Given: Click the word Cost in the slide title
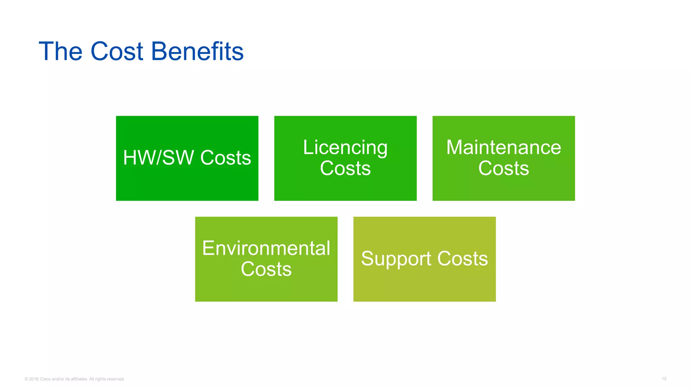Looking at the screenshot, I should (x=117, y=51).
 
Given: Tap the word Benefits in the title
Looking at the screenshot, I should (x=197, y=51).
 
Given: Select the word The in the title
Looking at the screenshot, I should (x=61, y=51).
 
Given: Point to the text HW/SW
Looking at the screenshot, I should (x=159, y=158).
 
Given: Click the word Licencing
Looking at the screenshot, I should (x=345, y=148).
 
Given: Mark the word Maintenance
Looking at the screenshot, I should (x=503, y=147).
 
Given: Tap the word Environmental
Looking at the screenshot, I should (x=266, y=248).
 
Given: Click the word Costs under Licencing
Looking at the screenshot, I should (x=345, y=168).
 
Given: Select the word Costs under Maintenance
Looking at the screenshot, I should (x=503, y=168).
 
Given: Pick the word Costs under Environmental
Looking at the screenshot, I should (x=266, y=269).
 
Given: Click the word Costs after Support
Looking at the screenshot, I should (x=463, y=259).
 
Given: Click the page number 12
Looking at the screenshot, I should (x=664, y=379).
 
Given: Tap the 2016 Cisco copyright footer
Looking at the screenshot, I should (x=75, y=379).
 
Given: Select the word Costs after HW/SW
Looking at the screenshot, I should (x=225, y=158).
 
